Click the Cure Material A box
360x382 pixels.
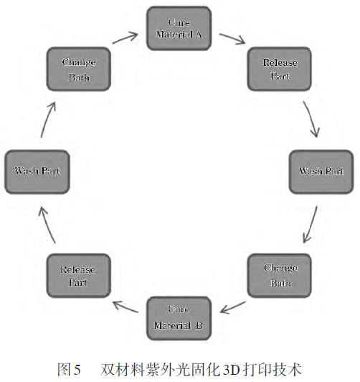point(179,28)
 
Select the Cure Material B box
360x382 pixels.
point(179,318)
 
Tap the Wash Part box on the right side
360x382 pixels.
point(321,172)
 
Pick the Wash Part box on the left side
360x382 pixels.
point(37,172)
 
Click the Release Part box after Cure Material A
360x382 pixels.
point(280,69)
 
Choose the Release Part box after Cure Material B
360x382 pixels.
point(79,276)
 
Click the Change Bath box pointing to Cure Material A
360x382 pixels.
point(79,69)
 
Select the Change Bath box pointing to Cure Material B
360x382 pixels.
point(280,276)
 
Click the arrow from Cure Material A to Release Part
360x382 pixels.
point(232,39)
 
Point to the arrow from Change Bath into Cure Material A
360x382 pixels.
point(125,38)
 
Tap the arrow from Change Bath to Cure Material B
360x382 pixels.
point(233,307)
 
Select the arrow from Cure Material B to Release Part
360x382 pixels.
point(125,307)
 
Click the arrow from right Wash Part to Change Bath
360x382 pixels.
point(311,225)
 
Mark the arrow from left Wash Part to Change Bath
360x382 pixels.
point(48,120)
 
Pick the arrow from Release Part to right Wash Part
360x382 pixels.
point(311,119)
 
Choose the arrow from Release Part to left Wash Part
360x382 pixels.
point(47,225)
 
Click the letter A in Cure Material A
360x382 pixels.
point(199,34)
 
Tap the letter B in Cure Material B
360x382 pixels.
point(199,326)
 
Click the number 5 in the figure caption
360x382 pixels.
point(77,369)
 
